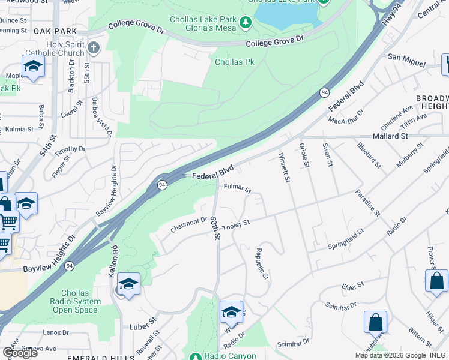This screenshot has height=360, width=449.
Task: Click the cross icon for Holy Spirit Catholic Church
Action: [x=93, y=47]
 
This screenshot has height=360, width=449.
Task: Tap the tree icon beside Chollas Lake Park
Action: [x=245, y=23]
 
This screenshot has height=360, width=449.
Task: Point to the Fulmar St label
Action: [x=237, y=188]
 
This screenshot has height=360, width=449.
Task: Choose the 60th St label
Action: [x=214, y=229]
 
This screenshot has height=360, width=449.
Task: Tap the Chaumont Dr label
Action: [x=188, y=223]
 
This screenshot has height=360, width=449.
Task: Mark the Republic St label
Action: [x=262, y=264]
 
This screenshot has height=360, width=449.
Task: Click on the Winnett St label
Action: [x=284, y=168]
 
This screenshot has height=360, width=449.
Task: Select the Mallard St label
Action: [x=391, y=136]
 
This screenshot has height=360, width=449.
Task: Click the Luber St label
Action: [x=143, y=327]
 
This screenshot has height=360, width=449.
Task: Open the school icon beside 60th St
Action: [x=231, y=311]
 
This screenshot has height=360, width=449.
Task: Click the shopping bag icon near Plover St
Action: [x=436, y=280]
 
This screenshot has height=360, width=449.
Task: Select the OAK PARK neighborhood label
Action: [x=56, y=31]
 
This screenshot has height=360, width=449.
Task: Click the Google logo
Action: [x=20, y=352]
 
